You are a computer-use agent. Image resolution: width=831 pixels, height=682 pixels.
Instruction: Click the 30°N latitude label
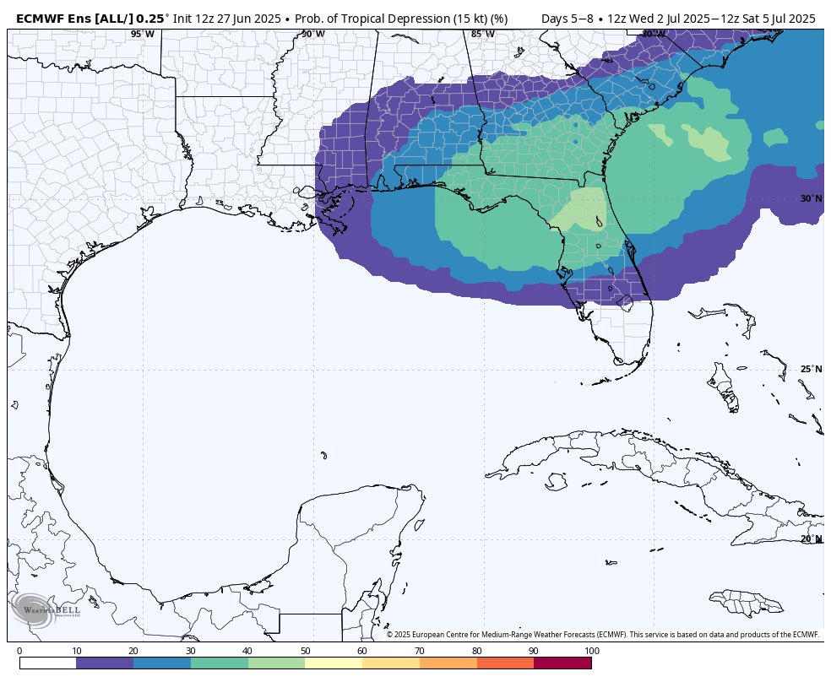[810, 199]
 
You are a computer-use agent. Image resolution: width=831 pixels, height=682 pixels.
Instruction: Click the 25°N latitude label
[810, 370]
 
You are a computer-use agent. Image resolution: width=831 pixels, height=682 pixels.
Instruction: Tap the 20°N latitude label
[810, 539]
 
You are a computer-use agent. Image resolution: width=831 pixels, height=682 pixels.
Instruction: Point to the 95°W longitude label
[142, 35]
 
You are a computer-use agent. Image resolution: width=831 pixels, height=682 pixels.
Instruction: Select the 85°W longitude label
[482, 35]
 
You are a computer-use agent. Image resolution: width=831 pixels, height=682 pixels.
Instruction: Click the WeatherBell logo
[46, 609]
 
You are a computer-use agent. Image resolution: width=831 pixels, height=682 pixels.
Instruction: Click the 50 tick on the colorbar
[305, 651]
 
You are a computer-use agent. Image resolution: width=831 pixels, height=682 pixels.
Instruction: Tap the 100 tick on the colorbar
[591, 651]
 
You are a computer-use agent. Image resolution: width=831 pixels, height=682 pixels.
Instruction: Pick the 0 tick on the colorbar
[19, 651]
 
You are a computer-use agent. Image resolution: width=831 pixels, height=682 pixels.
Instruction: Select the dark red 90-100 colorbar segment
[562, 663]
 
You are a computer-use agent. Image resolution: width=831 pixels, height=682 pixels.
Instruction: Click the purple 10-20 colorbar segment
[105, 663]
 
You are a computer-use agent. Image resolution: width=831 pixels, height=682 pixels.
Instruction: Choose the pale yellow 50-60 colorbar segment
[334, 663]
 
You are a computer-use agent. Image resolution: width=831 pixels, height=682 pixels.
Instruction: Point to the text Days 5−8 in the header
[567, 18]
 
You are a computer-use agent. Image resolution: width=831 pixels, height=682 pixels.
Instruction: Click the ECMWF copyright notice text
[603, 635]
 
